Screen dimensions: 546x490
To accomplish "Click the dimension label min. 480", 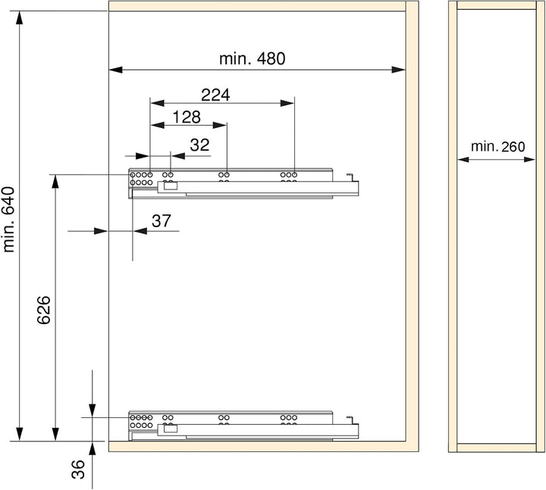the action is (252, 59).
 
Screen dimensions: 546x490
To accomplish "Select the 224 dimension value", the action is (215, 95).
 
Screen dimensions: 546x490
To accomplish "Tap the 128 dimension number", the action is (187, 117).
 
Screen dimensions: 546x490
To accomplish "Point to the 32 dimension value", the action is (200, 145).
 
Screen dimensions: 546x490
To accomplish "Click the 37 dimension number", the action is (162, 221).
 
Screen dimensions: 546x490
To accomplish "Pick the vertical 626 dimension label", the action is (44, 311).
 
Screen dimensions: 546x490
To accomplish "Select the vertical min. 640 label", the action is (8, 220).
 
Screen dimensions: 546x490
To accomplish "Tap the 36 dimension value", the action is (78, 469).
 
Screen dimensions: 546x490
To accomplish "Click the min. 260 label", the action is (497, 147).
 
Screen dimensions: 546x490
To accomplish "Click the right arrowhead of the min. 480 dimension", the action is (399, 70).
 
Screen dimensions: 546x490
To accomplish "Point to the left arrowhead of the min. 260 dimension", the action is (463, 160).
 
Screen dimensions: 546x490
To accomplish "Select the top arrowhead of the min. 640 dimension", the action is (20, 17).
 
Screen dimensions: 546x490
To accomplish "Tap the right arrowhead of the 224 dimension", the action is (287, 103).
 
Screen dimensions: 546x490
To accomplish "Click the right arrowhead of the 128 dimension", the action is (220, 125).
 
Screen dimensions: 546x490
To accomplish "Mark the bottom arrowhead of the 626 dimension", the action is (55, 435).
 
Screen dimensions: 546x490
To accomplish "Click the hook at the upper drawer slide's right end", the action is (350, 177).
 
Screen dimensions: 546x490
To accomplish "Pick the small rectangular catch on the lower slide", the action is (171, 429).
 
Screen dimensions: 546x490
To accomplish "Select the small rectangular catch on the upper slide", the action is (171, 186).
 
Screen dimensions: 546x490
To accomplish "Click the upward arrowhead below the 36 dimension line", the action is (92, 448).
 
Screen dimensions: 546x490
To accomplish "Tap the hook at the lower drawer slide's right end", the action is (350, 420).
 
